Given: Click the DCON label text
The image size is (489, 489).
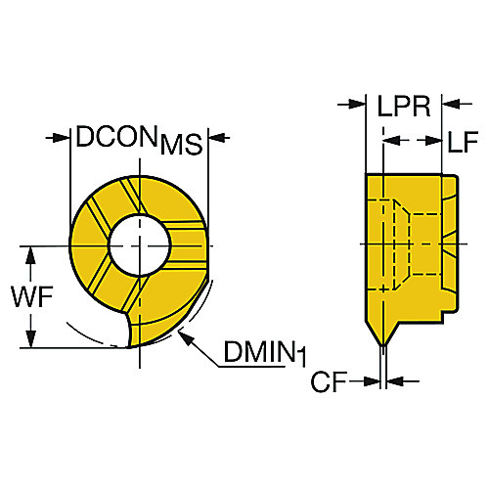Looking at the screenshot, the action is coord(117,136).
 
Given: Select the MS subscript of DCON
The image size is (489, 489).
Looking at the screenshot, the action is coord(182,145).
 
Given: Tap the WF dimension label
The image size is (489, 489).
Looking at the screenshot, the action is coord(32,296).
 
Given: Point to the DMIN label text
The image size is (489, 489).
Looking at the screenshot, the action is coord(259,351).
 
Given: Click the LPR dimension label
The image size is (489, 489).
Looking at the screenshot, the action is coord(404,106).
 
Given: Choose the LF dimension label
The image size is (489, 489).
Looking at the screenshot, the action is coord(463,142).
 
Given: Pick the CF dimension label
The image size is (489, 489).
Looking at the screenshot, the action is coord(329,381).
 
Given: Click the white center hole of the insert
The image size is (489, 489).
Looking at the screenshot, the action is coord(140,245).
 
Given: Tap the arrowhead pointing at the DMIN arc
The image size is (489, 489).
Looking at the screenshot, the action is coord(184,336).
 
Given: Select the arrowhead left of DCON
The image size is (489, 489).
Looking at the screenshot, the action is coord(62,138).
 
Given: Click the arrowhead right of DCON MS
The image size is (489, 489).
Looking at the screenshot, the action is coord(216,138).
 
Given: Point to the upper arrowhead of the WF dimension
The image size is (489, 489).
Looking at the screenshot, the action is coord(30,255).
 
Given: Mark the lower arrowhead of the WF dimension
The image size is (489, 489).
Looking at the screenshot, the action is coord(30,339).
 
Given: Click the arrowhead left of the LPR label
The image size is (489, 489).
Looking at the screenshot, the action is coord(357,105).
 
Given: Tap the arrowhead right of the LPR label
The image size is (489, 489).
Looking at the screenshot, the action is coord(451,105).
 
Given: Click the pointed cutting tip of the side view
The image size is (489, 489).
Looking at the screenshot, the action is coord(383,345).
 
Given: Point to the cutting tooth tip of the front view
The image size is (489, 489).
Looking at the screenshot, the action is coord(129,346).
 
